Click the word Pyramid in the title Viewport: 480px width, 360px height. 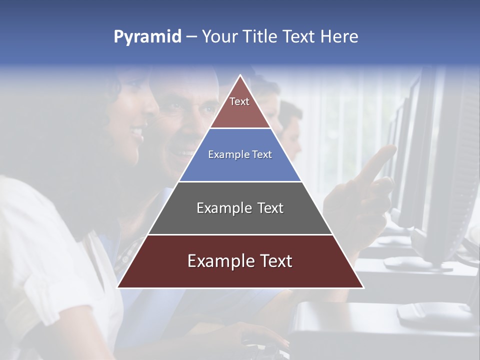click(147, 37)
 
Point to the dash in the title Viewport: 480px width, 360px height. click(191, 37)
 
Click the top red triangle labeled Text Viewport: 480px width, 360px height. click(240, 107)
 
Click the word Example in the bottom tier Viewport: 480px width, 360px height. click(218, 261)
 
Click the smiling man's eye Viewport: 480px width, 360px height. click(175, 106)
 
